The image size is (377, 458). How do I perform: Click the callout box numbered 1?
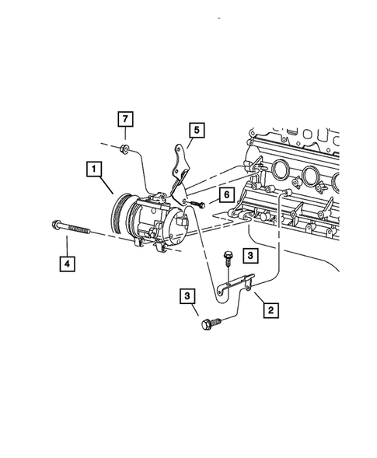[93, 169]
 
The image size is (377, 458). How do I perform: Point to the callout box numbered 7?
[125, 120]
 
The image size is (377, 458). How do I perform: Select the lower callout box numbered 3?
[187, 295]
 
